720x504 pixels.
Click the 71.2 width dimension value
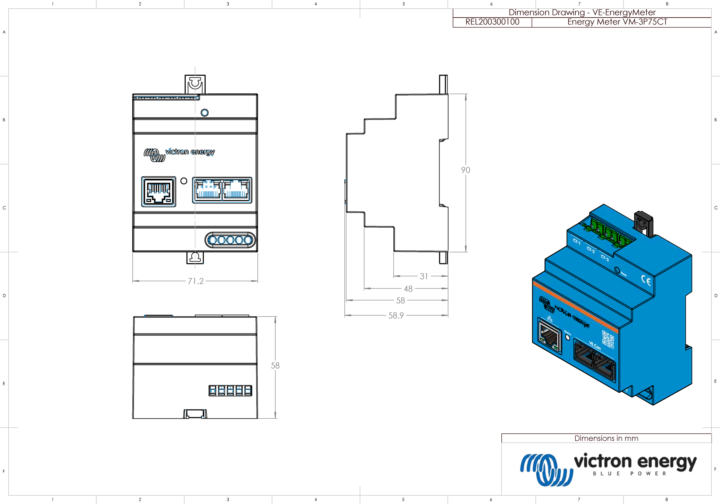point(196,281)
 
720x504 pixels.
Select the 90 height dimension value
point(465,170)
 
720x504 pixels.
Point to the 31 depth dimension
point(424,276)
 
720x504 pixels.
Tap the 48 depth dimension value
point(408,288)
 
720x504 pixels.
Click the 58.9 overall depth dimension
point(396,315)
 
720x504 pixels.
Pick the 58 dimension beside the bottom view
point(275,365)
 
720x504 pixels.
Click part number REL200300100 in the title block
point(492,22)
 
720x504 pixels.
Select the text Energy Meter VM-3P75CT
point(617,22)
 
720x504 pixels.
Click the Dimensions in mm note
point(606,438)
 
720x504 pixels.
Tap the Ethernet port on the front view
point(159,192)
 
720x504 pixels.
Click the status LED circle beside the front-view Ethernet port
point(184,181)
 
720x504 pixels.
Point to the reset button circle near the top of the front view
point(204,113)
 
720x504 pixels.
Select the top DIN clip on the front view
point(195,84)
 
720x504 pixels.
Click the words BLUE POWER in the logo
point(629,473)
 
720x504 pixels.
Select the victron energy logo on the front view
point(179,154)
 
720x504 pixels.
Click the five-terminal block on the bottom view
point(230,390)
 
